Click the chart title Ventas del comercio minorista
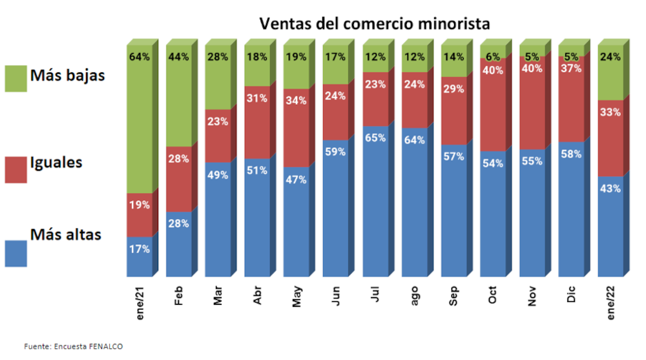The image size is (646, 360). pos(375,24)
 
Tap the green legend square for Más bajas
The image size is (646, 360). pos(16,78)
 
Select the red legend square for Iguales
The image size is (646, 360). pos(16,169)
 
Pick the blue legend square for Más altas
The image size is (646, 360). pos(16,253)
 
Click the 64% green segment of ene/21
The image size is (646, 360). pos(140,123)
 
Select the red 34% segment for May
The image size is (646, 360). pos(297,127)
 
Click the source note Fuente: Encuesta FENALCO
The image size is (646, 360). pos(73,347)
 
